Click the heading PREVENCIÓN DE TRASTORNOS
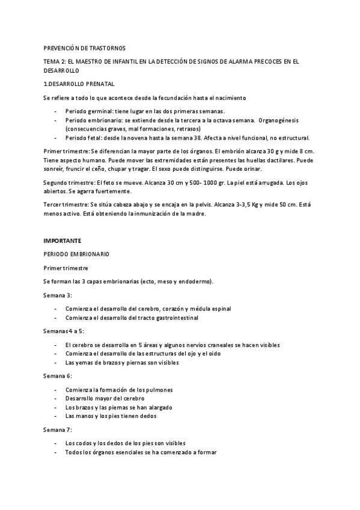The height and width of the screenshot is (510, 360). (x=84, y=48)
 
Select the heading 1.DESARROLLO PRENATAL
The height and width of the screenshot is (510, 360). (x=78, y=84)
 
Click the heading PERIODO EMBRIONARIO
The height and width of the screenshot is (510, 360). (x=76, y=254)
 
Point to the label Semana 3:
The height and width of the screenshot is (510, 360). (x=58, y=295)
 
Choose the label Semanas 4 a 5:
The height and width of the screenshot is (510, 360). (x=64, y=331)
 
